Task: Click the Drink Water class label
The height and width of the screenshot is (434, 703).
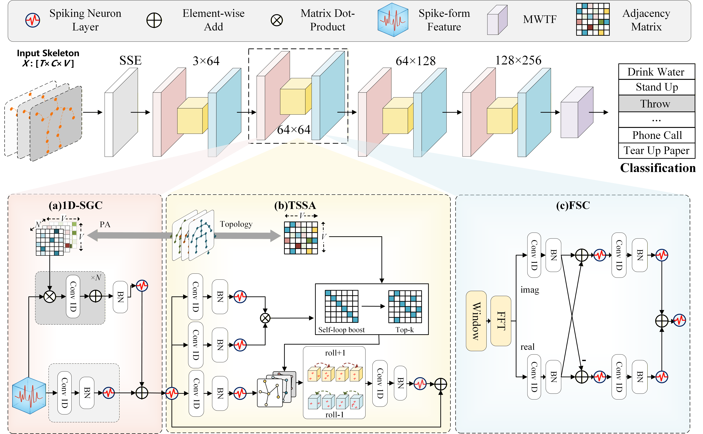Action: pyautogui.click(x=656, y=72)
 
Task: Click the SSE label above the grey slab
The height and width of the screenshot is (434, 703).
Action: pyautogui.click(x=130, y=60)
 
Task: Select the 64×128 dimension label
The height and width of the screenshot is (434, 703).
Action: pyautogui.click(x=416, y=61)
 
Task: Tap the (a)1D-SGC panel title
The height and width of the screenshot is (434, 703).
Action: pyautogui.click(x=76, y=205)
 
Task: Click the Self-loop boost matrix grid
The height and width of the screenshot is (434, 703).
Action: pyautogui.click(x=341, y=306)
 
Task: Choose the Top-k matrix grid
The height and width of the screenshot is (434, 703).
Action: pyautogui.click(x=405, y=306)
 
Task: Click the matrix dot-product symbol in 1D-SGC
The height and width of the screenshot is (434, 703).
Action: pyautogui.click(x=49, y=296)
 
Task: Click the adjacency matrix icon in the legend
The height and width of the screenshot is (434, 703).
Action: pyautogui.click(x=593, y=19)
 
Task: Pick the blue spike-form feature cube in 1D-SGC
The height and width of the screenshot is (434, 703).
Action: pyautogui.click(x=29, y=395)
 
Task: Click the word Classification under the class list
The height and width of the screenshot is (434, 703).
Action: pyautogui.click(x=658, y=168)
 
